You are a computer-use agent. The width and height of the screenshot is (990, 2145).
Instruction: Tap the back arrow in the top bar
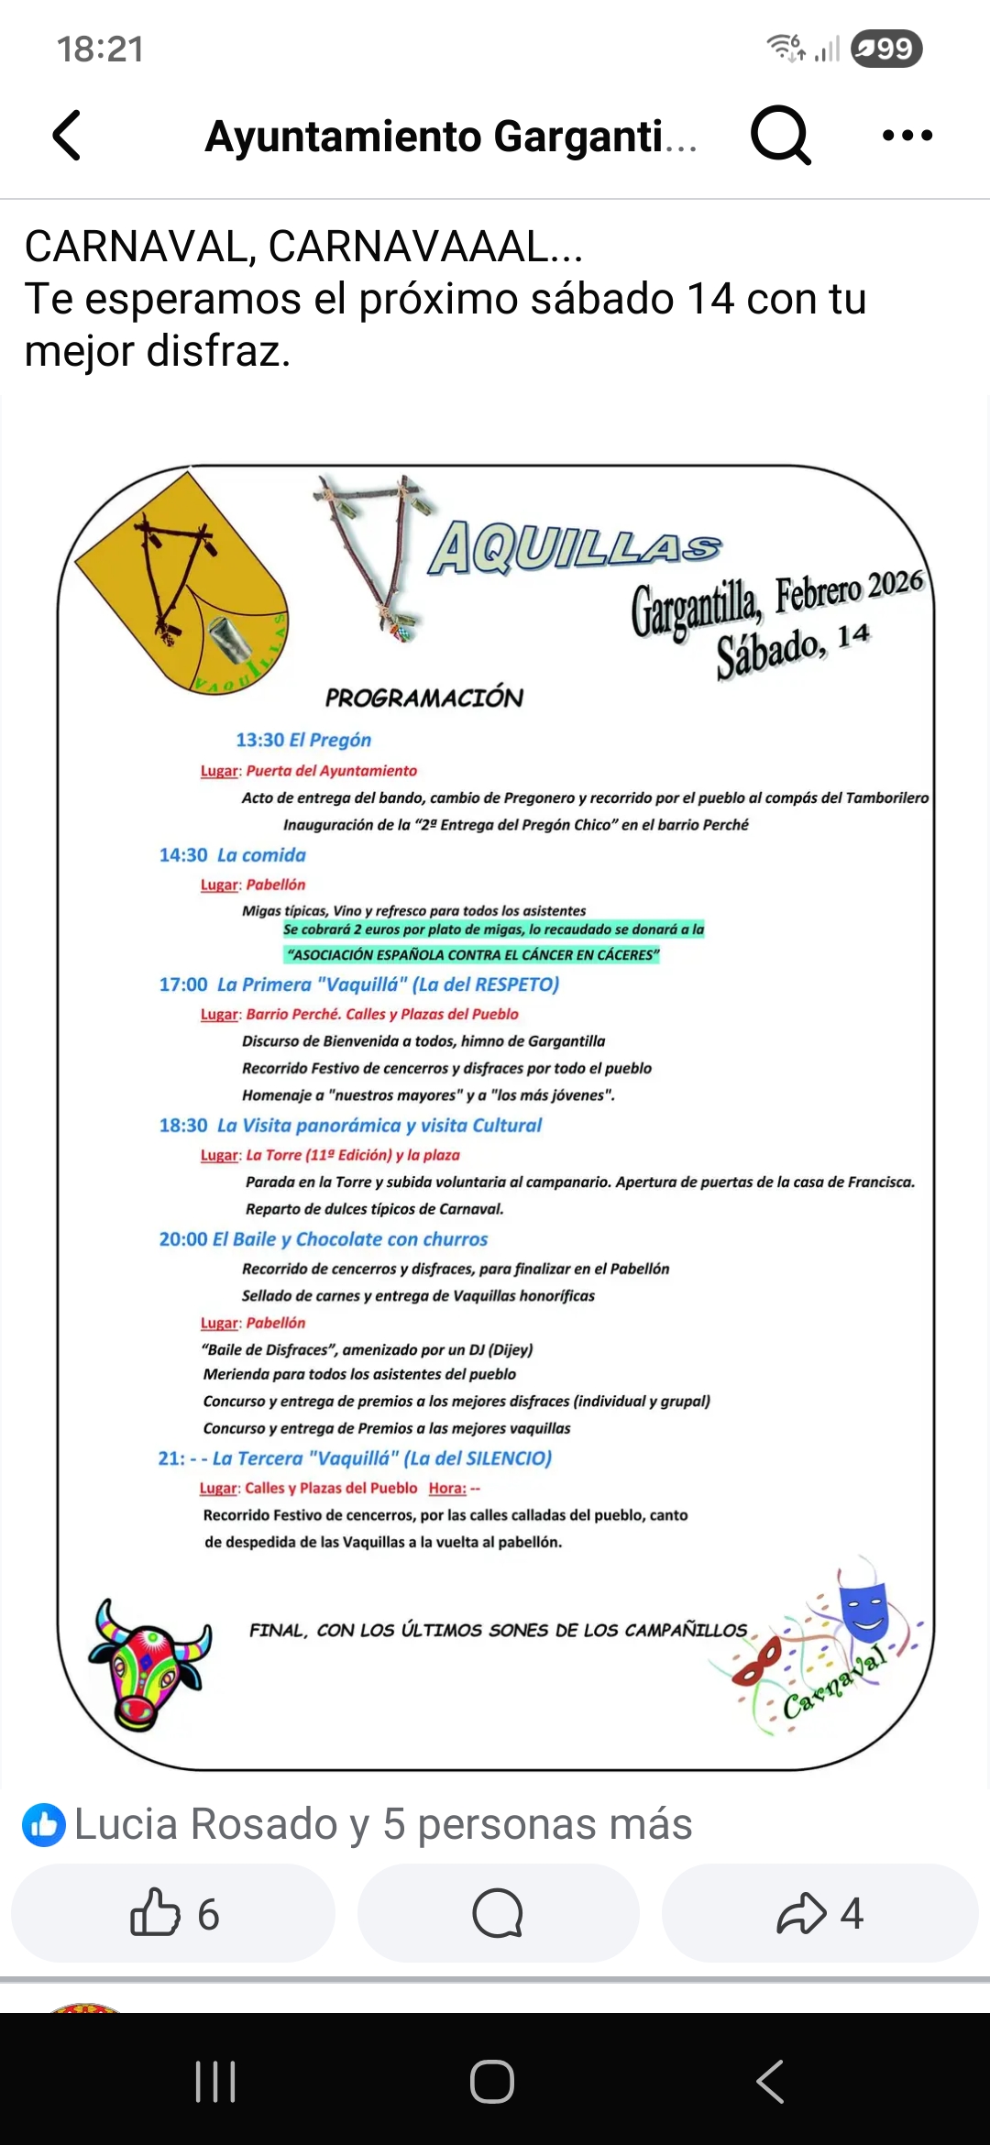pos(67,136)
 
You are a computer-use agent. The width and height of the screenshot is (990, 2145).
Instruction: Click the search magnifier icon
pos(780,136)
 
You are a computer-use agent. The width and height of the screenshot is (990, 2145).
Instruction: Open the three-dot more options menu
pos(907,136)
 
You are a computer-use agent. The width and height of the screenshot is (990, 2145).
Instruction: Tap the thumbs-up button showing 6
pos(173,1913)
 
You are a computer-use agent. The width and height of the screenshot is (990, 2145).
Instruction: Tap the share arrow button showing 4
pos(819,1913)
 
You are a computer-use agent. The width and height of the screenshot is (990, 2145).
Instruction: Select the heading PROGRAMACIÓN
pos(423,698)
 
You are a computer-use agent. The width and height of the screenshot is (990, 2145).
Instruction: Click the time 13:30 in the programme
pos(259,740)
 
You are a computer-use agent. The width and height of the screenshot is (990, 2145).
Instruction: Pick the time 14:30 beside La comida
pos(183,855)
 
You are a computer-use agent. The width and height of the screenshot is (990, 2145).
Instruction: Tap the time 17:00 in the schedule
pos(183,984)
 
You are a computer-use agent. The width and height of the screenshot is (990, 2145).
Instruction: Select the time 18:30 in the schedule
pos(183,1126)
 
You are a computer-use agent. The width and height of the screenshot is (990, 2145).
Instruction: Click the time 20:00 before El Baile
pos(183,1239)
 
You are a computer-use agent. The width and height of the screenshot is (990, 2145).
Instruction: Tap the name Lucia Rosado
pos(207,1824)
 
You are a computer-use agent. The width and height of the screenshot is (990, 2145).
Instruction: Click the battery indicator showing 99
pos(885,49)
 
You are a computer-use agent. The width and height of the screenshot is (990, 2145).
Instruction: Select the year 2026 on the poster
pos(896,583)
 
